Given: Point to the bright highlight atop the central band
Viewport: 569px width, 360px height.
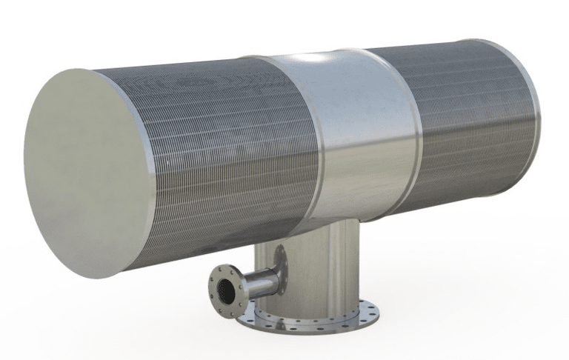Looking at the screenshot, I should coord(319,59).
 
